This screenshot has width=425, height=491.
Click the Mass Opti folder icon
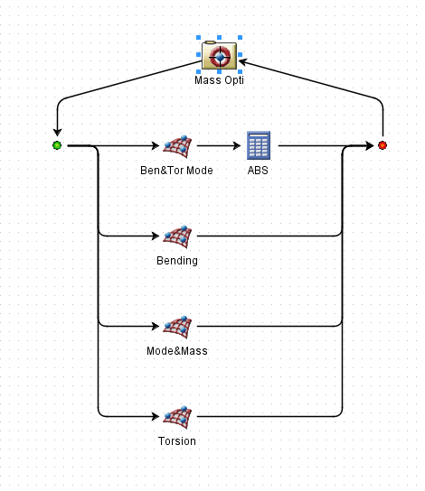219,55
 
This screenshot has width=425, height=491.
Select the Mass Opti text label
219,80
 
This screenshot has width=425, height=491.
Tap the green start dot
57,145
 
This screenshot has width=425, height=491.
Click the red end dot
382,145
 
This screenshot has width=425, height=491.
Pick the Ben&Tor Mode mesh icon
177,146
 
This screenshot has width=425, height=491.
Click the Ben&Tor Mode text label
176,171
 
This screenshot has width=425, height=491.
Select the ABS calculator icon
259,145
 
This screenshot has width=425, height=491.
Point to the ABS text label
258,171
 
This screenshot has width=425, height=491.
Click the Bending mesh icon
177,236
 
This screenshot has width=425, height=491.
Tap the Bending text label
177,261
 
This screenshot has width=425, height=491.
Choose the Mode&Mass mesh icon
177,327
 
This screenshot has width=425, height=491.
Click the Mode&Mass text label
177,351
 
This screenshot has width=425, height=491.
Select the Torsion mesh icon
177,417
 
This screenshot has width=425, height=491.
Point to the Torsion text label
177,440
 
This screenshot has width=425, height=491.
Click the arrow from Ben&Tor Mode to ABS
219,145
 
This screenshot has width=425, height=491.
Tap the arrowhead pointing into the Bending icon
156,236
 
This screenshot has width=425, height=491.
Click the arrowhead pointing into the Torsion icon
156,416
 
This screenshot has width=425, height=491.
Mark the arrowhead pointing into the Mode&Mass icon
156,327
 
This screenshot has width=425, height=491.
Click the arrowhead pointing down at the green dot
57,132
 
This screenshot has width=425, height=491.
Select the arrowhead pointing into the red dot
370,145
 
